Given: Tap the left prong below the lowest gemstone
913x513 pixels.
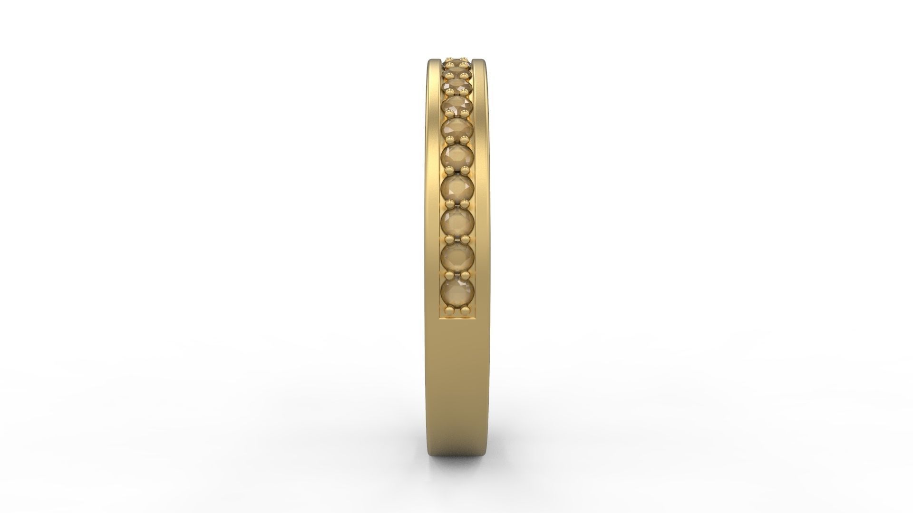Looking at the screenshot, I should click(450, 310).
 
